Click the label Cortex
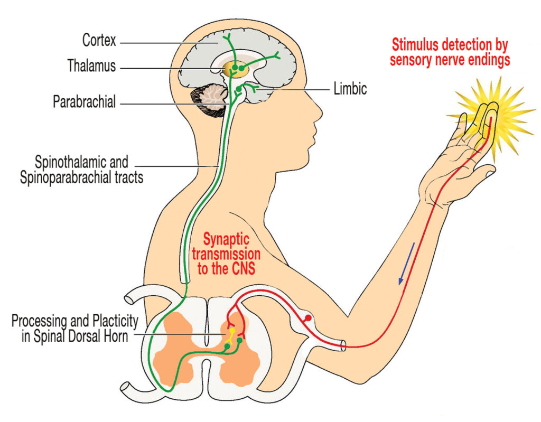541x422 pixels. (x=99, y=40)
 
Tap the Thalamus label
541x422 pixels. (x=91, y=65)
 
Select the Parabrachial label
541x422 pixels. (x=84, y=102)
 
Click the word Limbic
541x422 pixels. (x=350, y=89)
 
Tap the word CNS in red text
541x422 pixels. (x=243, y=268)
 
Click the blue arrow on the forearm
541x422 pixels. (x=406, y=264)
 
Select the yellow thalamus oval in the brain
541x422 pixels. (x=235, y=70)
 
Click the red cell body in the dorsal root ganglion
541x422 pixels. (x=308, y=318)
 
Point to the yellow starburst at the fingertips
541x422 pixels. (x=492, y=116)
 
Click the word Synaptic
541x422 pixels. (x=226, y=239)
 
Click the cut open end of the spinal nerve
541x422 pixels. (x=343, y=345)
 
